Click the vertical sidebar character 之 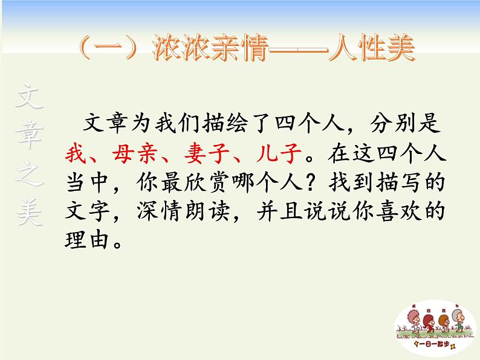(30, 177)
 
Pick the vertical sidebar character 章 (30, 138)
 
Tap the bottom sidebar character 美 (30, 214)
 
